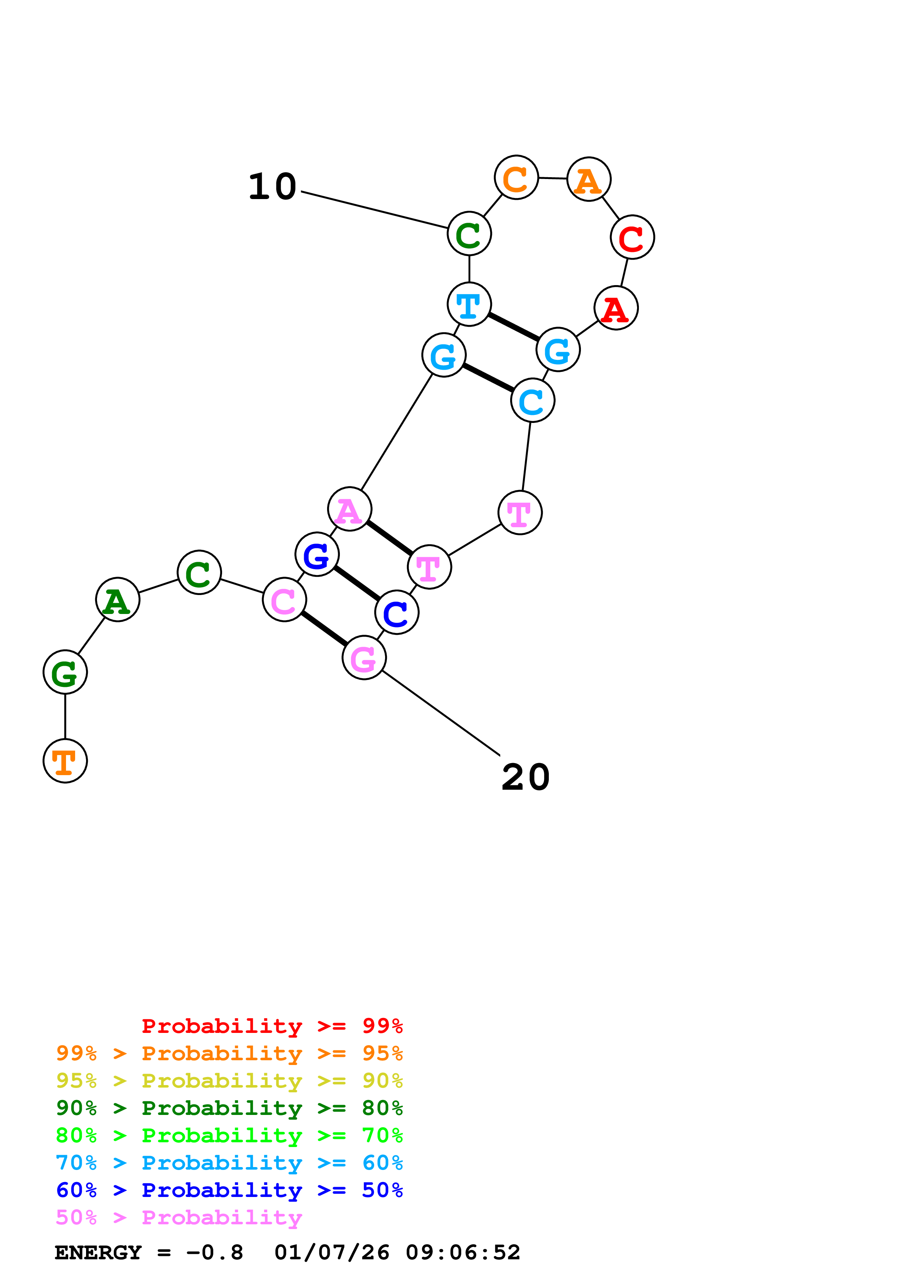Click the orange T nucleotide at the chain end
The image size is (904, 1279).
pyautogui.click(x=65, y=761)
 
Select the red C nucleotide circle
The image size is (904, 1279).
pyautogui.click(x=632, y=237)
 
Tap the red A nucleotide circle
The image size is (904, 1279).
pyautogui.click(x=616, y=308)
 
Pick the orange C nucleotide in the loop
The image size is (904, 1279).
pyautogui.click(x=516, y=178)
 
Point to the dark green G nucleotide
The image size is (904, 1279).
pyautogui.click(x=65, y=672)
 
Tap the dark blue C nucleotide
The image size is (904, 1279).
pyautogui.click(x=397, y=612)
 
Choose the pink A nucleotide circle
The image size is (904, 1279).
pyautogui.click(x=349, y=509)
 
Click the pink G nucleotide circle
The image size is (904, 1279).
pyautogui.click(x=364, y=658)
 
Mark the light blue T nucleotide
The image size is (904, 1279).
pyautogui.click(x=469, y=304)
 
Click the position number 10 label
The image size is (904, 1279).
pyautogui.click(x=272, y=187)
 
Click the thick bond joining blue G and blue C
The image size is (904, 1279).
pyautogui.click(x=357, y=583)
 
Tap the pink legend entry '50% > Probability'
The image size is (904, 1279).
pyautogui.click(x=179, y=1218)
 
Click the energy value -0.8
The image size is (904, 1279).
pyautogui.click(x=214, y=1253)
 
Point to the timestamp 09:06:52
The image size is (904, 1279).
pyautogui.click(x=462, y=1253)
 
